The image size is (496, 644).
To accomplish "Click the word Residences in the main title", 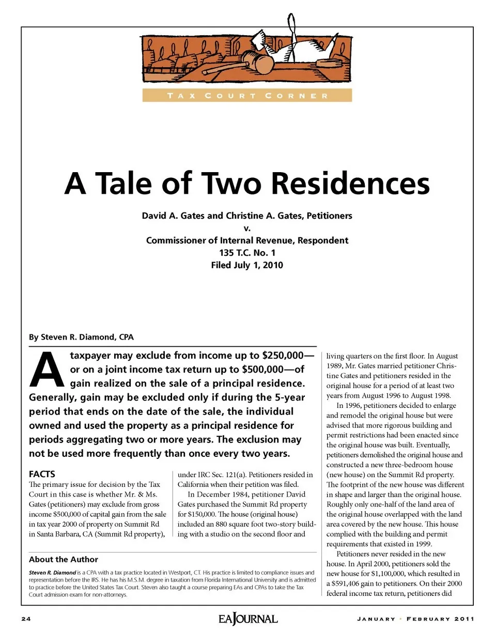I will tap(350, 183).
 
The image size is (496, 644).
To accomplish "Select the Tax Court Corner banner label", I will tap(247, 96).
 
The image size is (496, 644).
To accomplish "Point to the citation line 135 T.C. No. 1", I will tap(247, 253).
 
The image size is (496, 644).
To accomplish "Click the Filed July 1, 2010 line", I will tap(247, 265).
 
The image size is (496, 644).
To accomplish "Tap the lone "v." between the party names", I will tap(247, 228).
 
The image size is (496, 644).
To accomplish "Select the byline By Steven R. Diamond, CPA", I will tap(81, 337).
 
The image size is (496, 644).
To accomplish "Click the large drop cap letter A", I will tap(47, 370).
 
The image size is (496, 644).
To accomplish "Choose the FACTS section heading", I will tap(42, 474).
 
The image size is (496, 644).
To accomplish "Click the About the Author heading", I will tap(64, 559).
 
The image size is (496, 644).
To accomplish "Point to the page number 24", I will tap(26, 619).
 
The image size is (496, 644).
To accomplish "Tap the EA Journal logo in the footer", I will tap(248, 619).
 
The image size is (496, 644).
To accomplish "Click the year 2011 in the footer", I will tap(464, 619).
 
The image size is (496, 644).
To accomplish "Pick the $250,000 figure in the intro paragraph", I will tap(283, 356).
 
